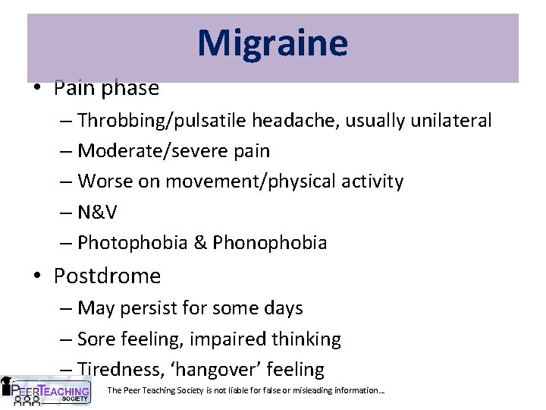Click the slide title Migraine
coord(272,43)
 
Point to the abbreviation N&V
coord(98,212)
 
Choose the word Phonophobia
coord(270,243)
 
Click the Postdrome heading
coord(107,276)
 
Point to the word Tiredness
coord(115,370)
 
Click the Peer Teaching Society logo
coord(45,391)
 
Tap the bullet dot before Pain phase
coord(36,88)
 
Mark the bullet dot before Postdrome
coord(36,276)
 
